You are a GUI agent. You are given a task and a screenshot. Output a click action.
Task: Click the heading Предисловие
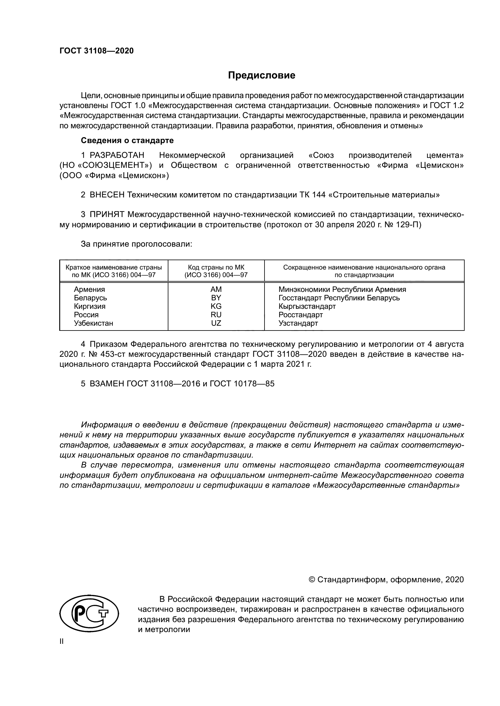coord(261,75)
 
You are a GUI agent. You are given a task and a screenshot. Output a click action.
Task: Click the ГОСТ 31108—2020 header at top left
coord(97,51)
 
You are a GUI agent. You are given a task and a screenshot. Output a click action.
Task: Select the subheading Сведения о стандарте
coord(127,141)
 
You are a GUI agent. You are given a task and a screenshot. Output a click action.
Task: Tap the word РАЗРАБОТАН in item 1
coord(117,155)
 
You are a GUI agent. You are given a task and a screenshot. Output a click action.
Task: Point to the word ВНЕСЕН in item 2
coord(107,195)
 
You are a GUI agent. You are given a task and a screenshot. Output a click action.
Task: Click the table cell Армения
coord(89,289)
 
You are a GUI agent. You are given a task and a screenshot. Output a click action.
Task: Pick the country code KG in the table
coord(216,306)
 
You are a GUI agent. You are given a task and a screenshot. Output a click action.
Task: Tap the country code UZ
coord(216,323)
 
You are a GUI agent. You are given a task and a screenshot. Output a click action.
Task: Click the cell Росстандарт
coord(300,315)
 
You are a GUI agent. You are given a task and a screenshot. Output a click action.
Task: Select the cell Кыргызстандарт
coord(307,306)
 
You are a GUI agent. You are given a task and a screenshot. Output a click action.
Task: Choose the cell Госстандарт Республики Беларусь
coord(339,298)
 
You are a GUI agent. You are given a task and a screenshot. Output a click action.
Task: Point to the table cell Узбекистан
coord(94,323)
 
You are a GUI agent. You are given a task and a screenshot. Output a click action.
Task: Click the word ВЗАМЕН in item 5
coord(107,384)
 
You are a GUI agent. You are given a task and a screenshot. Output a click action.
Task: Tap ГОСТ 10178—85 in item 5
coord(242,384)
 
